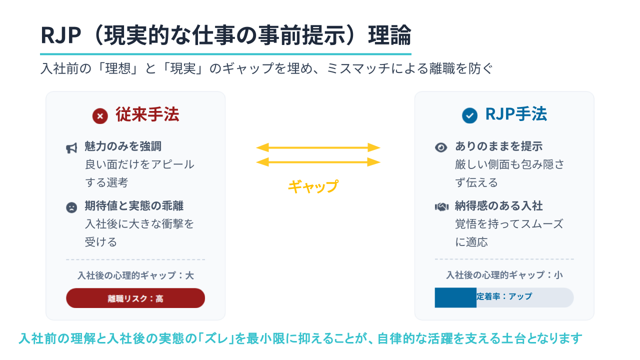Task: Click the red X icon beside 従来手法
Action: point(100,116)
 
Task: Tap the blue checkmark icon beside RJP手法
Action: point(469,115)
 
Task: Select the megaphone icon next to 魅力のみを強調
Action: point(71,148)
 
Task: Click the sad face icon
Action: point(71,207)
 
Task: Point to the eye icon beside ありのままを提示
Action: point(441,147)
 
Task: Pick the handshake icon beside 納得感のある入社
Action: point(441,207)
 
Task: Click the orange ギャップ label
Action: point(313,186)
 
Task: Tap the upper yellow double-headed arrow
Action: point(318,147)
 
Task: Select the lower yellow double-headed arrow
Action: point(318,162)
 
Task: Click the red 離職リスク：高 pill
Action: point(135,298)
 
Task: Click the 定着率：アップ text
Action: point(504,296)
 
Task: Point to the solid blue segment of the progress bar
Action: point(455,297)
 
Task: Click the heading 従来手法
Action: point(147,114)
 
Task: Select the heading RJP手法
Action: point(516,114)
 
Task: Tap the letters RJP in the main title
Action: point(61,35)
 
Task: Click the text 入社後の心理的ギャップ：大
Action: point(135,275)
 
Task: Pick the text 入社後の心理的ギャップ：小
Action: point(504,275)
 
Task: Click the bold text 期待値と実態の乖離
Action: point(134,205)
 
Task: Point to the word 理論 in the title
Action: point(389,35)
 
